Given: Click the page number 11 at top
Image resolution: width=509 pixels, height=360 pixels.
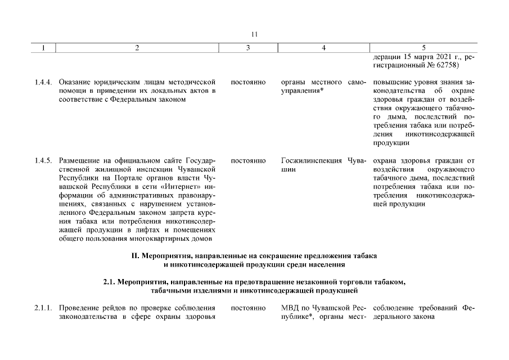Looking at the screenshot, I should (x=254, y=34).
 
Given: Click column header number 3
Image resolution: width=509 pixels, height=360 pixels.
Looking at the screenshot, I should (x=248, y=48).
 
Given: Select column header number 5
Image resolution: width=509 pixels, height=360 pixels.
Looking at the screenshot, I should (x=424, y=48).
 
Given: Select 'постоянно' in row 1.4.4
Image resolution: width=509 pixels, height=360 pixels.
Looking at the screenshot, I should (x=248, y=82).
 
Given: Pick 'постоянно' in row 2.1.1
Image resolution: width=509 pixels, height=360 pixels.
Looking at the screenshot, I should (x=248, y=308).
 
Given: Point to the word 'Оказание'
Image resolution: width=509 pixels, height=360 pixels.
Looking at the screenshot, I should (x=74, y=82).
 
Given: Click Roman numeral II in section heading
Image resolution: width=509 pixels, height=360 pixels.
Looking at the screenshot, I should (x=135, y=255).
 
